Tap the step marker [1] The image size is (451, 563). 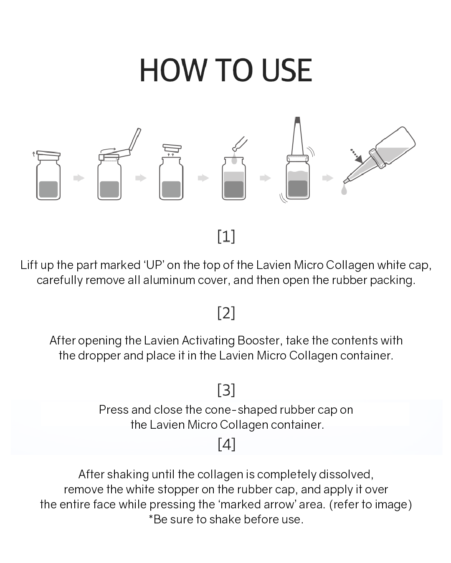pyautogui.click(x=226, y=236)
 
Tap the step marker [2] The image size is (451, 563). pyautogui.click(x=226, y=312)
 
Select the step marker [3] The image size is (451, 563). pyautogui.click(x=226, y=390)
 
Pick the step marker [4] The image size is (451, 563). pyautogui.click(x=226, y=444)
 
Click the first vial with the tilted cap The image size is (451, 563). pyautogui.click(x=48, y=177)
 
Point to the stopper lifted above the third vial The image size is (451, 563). pyautogui.click(x=172, y=148)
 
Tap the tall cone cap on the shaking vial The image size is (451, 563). pyautogui.click(x=297, y=136)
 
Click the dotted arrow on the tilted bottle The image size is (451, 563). pyautogui.click(x=356, y=155)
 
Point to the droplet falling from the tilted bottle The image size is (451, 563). pyautogui.click(x=344, y=191)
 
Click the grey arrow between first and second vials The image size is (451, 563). pyautogui.click(x=79, y=178)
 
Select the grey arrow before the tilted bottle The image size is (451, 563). pyautogui.click(x=327, y=178)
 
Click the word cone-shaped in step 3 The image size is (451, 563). pyautogui.click(x=241, y=410)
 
